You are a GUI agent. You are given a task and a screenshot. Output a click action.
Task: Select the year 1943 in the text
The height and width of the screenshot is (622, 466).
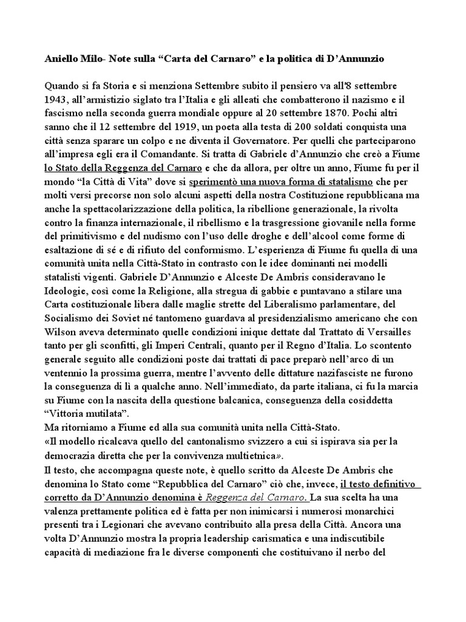(57, 99)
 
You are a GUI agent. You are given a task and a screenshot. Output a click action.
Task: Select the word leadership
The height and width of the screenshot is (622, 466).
(248, 539)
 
